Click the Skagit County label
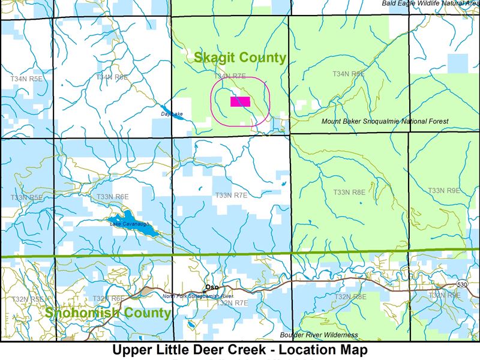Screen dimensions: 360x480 239,58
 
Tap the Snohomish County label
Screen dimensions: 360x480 107,313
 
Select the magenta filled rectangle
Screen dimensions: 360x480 240,101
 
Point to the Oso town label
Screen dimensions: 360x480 212,287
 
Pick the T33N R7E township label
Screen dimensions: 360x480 232,195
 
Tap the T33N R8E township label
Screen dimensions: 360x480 349,193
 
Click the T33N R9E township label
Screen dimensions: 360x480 444,190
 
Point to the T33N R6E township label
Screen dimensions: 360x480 113,196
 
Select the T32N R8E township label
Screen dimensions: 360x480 350,296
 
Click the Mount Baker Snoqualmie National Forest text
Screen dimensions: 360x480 385,122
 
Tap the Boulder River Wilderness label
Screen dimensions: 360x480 319,335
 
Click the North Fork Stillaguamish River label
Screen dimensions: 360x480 197,296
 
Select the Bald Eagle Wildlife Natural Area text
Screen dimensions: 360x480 430,4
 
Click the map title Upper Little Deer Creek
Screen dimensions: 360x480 239,349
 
